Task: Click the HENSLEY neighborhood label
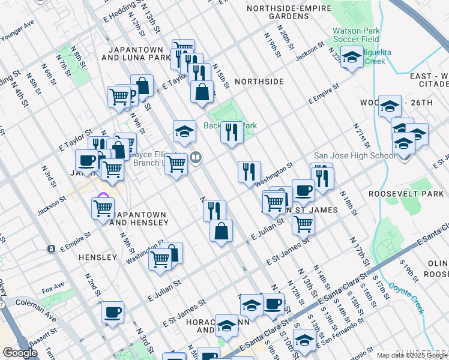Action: [97, 257]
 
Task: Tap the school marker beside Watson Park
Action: [352, 57]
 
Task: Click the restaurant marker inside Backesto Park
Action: [232, 131]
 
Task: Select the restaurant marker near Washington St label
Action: [249, 172]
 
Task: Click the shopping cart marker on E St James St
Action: [303, 224]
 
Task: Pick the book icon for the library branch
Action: [195, 158]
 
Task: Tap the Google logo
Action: [20, 353]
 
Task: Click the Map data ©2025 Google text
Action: [412, 355]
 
